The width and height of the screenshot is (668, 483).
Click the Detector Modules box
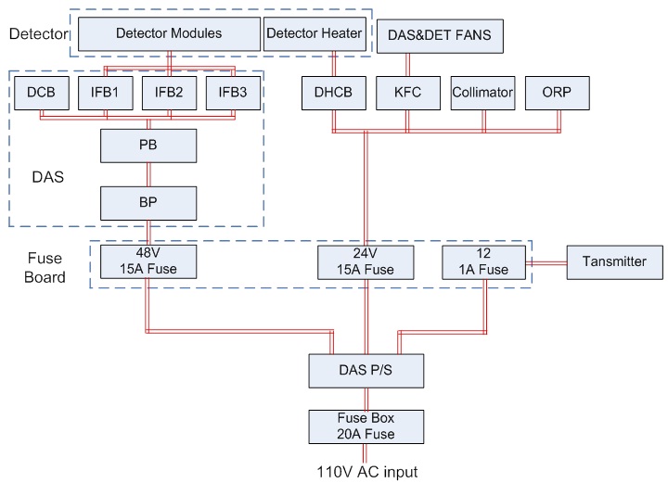(169, 34)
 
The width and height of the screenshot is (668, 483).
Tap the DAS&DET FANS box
(440, 38)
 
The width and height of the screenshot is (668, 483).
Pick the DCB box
(40, 93)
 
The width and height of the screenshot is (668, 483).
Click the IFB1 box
(106, 93)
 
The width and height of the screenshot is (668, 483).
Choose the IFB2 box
(169, 93)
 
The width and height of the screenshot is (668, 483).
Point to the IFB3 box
(232, 93)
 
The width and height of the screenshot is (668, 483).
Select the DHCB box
(331, 93)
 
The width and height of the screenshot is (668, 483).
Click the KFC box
(405, 93)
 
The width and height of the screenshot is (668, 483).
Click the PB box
(148, 146)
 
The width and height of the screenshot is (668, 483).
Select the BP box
(148, 202)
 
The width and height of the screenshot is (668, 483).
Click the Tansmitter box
(614, 262)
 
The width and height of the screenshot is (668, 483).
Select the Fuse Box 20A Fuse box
(367, 426)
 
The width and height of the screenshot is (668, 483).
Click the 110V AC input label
(366, 472)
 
